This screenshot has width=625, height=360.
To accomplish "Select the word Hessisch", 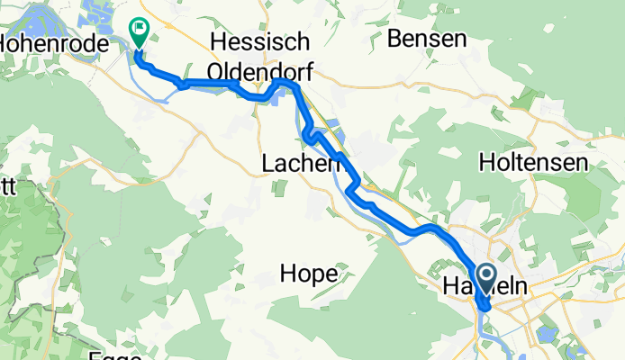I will click(259, 42).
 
